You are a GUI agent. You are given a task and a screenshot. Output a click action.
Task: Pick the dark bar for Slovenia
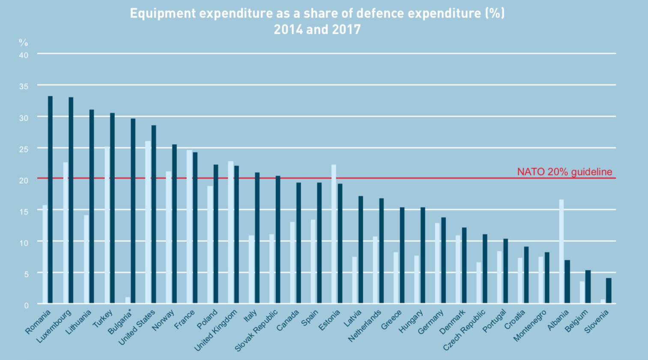click(x=609, y=291)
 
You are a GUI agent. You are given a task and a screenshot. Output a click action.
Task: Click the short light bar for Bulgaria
click(x=128, y=300)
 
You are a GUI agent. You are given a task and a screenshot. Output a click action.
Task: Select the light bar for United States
click(x=148, y=222)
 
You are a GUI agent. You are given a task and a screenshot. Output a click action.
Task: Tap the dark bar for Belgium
click(x=588, y=287)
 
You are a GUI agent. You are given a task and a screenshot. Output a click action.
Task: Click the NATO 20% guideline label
click(x=564, y=172)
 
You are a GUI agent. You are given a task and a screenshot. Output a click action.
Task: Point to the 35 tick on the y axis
click(x=24, y=86)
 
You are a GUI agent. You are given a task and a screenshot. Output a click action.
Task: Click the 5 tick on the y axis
click(x=26, y=274)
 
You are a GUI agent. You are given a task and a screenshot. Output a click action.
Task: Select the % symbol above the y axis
click(x=23, y=42)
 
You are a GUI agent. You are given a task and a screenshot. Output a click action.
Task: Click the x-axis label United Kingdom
click(x=216, y=330)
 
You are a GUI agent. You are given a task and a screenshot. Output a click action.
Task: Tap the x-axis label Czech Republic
click(x=464, y=330)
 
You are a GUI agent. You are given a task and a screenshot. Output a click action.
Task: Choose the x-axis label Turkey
click(x=103, y=319)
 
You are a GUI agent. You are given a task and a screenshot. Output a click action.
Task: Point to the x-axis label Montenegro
click(x=530, y=326)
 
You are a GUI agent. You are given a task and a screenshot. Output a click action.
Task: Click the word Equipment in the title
click(x=163, y=13)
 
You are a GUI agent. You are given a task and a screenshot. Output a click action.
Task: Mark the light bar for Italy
click(x=251, y=269)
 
